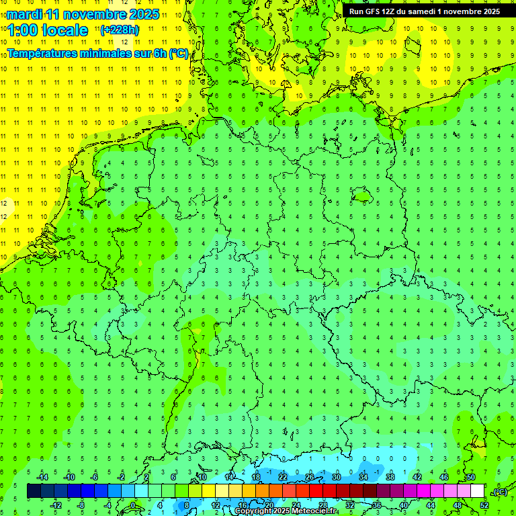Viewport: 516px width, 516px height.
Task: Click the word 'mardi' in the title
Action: pyautogui.click(x=23, y=14)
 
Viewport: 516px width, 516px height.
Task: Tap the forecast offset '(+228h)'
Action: pyautogui.click(x=119, y=30)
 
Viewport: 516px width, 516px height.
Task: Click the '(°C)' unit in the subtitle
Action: pyautogui.click(x=178, y=54)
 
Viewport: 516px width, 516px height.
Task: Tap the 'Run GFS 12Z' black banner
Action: pyautogui.click(x=425, y=11)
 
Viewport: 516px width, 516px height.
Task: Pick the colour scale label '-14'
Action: pyautogui.click(x=42, y=477)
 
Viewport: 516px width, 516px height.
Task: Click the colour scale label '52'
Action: pyautogui.click(x=484, y=505)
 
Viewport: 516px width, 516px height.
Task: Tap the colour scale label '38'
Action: pyautogui.click(x=390, y=477)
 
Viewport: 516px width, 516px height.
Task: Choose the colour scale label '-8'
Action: pyautogui.click(x=81, y=505)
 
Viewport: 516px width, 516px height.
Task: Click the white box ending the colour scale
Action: pyautogui.click(x=477, y=491)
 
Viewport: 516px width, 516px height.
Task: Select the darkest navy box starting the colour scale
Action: pyautogui.click(x=34, y=491)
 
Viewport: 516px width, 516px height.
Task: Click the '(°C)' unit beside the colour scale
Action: pyautogui.click(x=500, y=492)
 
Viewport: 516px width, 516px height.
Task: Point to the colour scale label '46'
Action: pyautogui.click(x=444, y=477)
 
